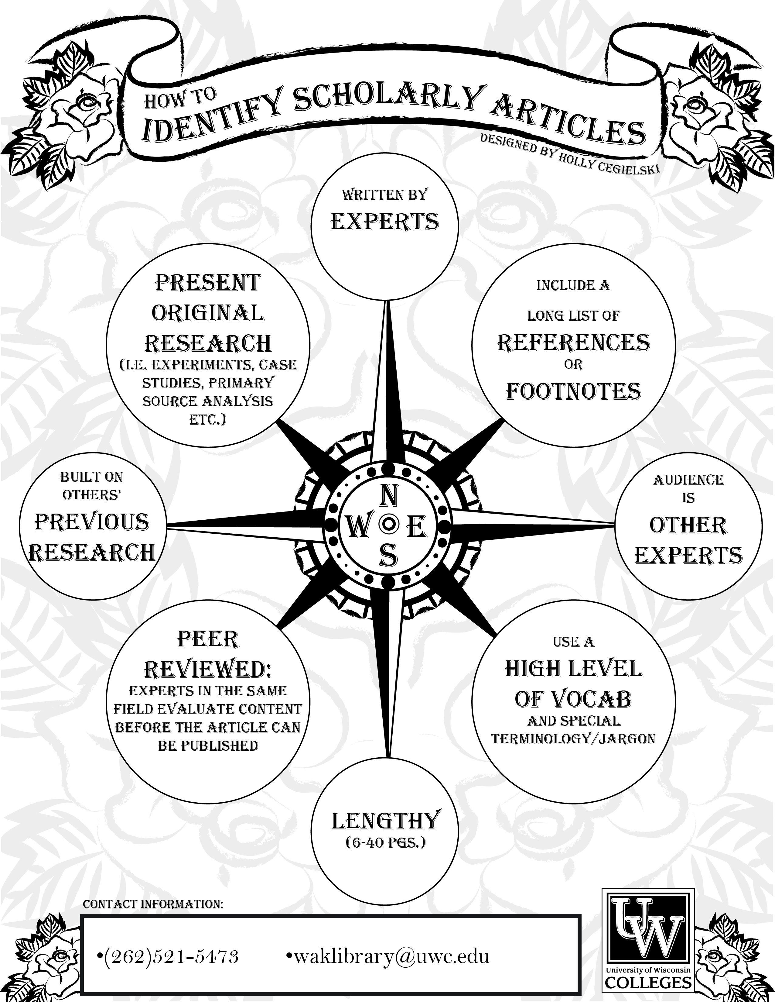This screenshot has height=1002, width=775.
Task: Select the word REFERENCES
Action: (574, 343)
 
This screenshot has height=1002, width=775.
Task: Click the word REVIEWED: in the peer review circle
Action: (208, 670)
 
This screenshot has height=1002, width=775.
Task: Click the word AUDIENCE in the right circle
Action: (688, 480)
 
